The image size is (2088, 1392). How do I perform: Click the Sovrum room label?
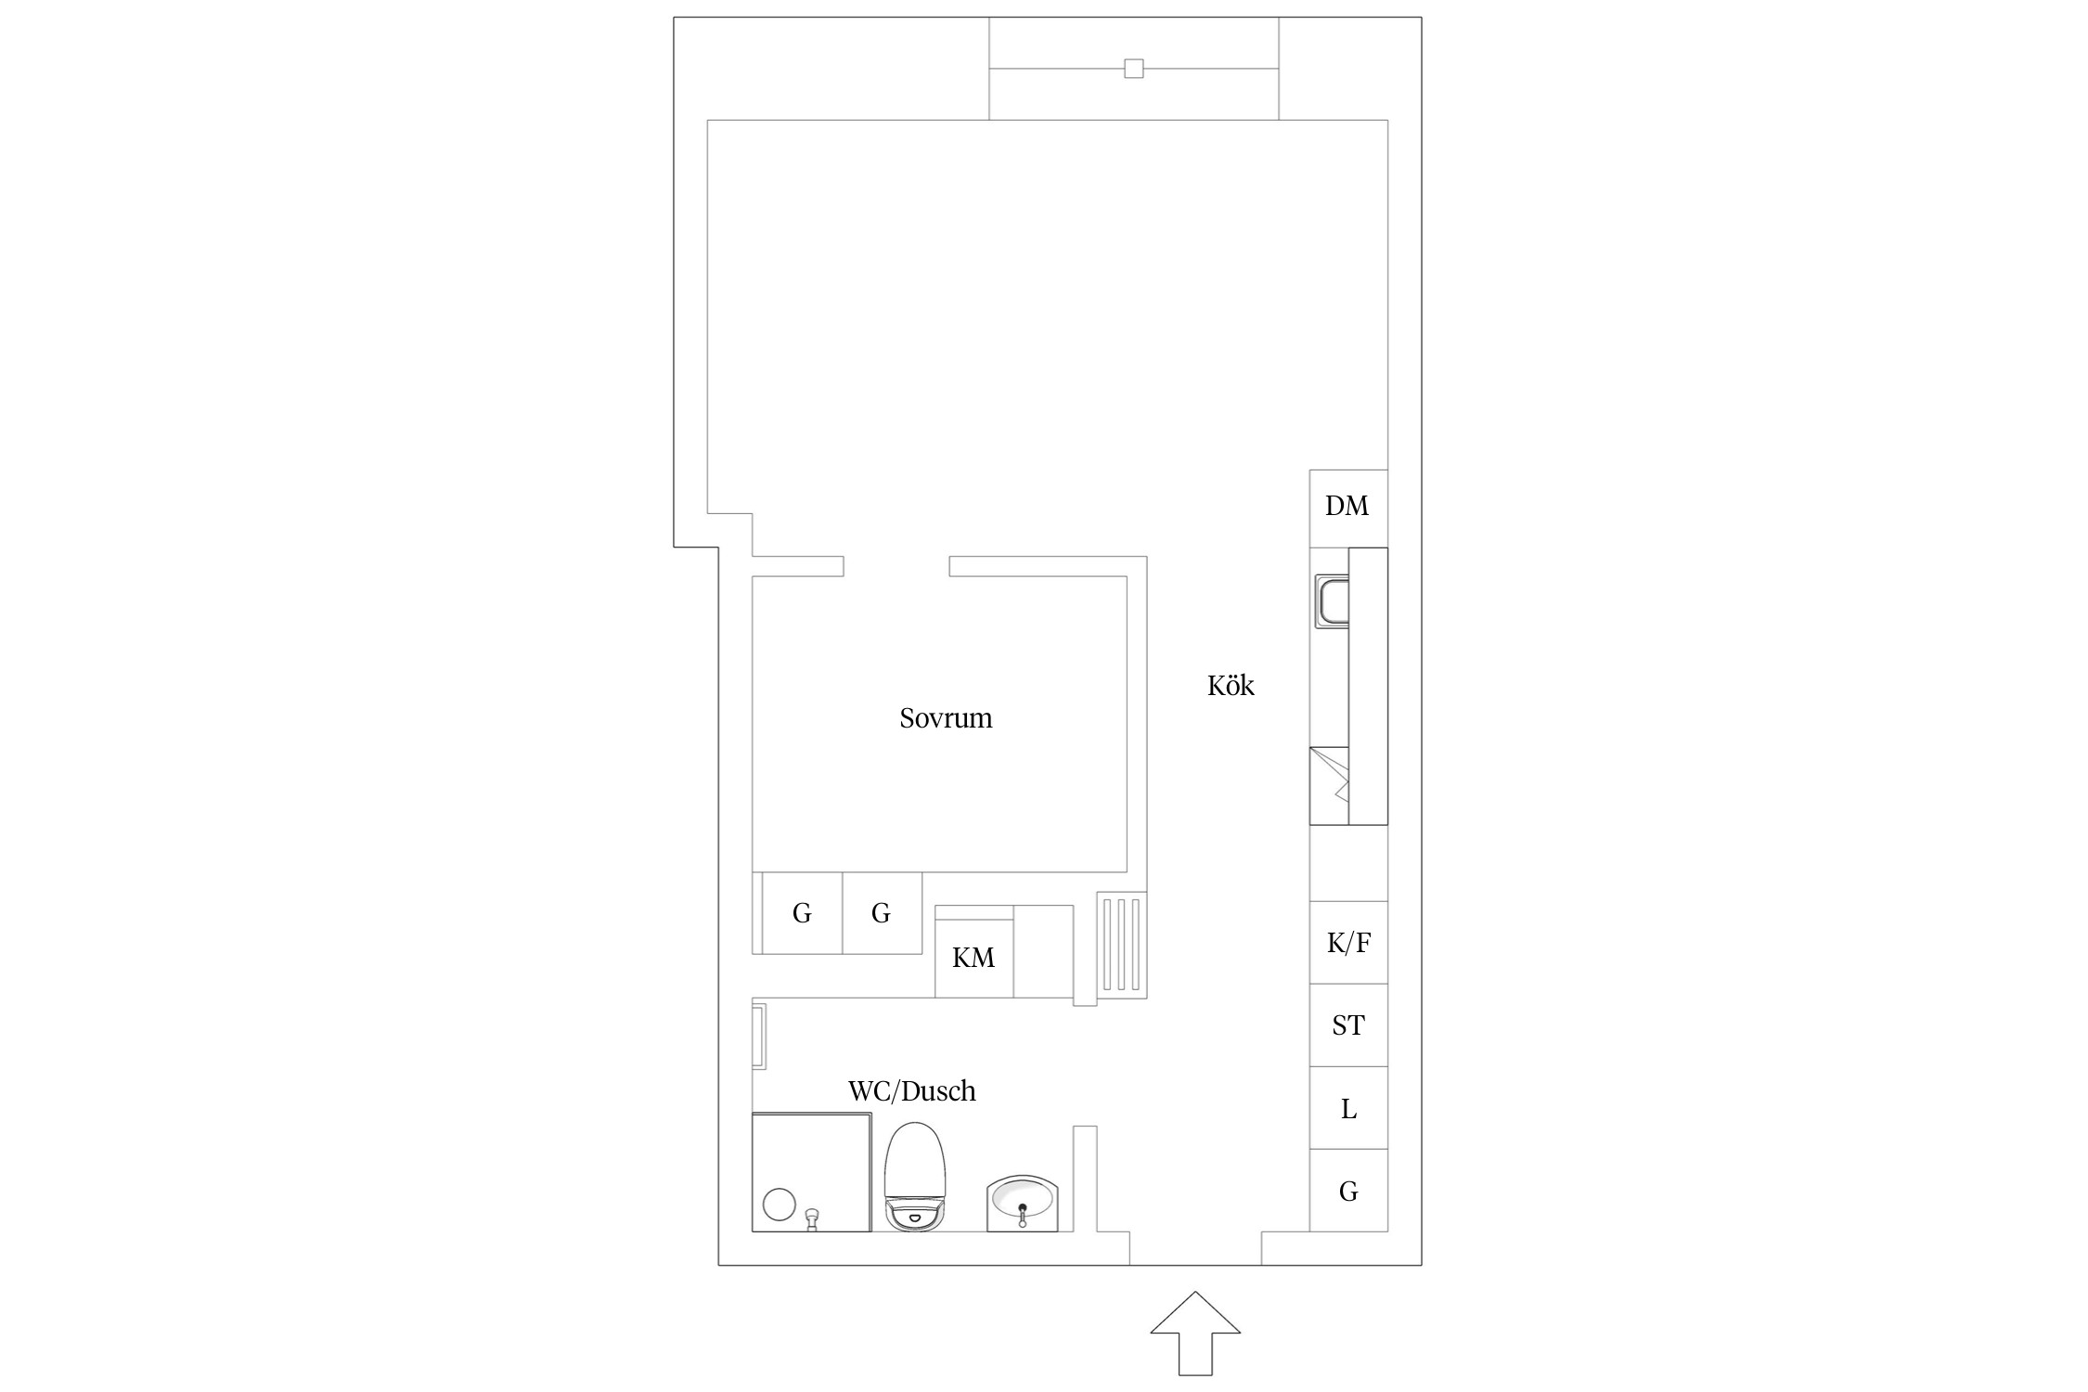946,717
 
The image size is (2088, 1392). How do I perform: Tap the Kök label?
1231,685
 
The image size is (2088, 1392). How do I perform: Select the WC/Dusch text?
912,1090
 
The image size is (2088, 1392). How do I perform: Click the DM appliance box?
1348,509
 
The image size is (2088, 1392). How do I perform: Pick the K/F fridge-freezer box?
1348,943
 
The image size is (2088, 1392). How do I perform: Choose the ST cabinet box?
1348,1025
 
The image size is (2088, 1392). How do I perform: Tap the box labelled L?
1348,1108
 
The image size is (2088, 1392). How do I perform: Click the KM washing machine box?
973,958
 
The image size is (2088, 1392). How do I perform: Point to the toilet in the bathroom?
915,1177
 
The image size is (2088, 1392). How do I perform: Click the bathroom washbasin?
1023,1203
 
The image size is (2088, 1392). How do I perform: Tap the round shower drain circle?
780,1205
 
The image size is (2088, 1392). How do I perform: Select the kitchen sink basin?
1333,601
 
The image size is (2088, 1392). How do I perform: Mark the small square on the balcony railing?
1133,68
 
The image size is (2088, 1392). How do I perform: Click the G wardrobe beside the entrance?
1348,1191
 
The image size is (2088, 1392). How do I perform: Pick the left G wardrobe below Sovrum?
802,913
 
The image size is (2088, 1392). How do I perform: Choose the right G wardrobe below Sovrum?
882,913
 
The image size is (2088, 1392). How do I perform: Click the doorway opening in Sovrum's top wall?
896,566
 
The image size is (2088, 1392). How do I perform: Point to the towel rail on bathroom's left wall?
758,1036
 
